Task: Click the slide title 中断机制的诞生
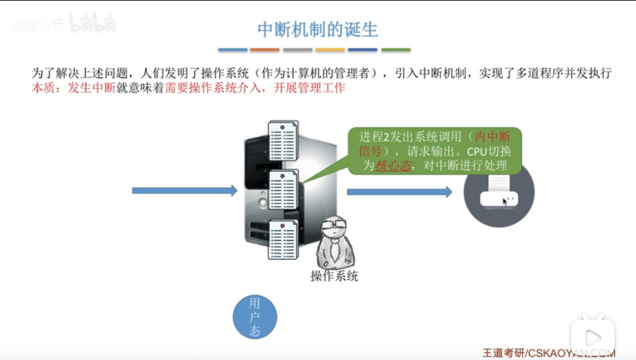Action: point(318,29)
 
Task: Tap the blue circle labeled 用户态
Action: point(255,318)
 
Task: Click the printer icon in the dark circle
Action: point(498,191)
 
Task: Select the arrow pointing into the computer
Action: point(184,191)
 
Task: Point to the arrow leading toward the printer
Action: point(399,192)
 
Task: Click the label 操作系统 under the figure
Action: point(334,276)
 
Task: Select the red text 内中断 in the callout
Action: point(492,137)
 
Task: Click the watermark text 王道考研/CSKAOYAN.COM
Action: point(548,353)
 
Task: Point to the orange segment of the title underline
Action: point(265,50)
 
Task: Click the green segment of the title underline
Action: point(395,50)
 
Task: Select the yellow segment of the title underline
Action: point(330,50)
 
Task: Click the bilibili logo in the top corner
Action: point(93,24)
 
